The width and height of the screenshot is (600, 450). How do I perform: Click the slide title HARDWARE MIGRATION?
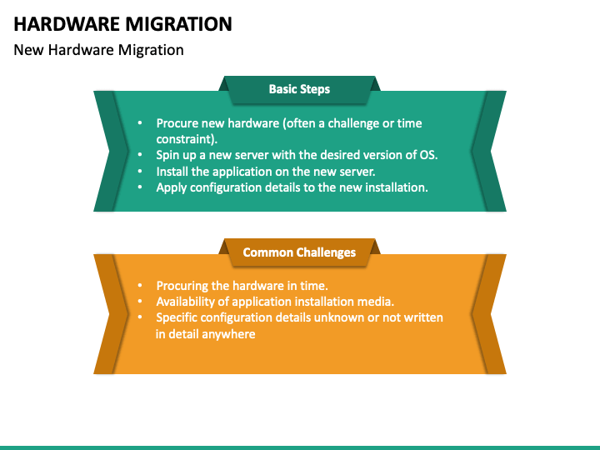tap(123, 23)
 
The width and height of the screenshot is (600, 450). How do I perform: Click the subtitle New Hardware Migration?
tap(98, 50)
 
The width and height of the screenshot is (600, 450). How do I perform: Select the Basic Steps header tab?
tap(299, 89)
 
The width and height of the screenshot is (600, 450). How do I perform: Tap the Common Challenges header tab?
tap(299, 252)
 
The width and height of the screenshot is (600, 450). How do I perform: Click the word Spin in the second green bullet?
tap(168, 155)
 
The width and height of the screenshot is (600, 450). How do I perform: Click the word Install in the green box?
tap(172, 172)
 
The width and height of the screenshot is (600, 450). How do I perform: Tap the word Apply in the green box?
tap(172, 187)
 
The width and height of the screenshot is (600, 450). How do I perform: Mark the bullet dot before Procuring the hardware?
tap(139, 286)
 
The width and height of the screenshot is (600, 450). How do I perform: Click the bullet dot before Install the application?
tap(139, 172)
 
